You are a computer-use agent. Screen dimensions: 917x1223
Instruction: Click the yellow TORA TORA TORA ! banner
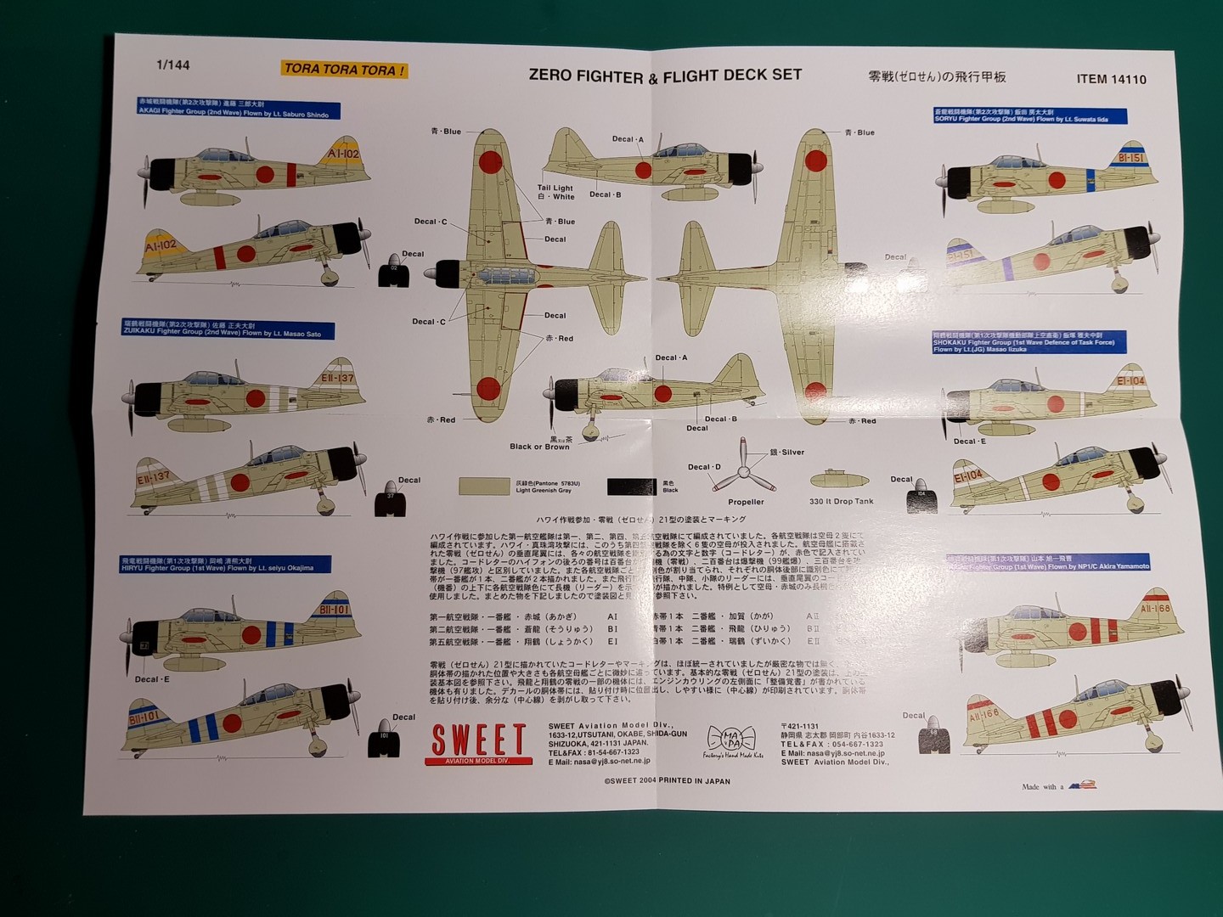[344, 70]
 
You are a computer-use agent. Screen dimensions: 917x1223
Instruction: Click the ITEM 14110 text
[1111, 79]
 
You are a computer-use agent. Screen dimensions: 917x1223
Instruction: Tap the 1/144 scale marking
[173, 65]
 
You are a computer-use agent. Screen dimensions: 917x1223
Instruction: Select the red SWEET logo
[478, 740]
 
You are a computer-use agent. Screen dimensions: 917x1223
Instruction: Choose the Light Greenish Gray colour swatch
[484, 486]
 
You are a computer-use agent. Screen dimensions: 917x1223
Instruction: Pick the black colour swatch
[630, 487]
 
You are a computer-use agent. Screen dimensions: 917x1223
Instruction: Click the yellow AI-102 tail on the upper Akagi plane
[343, 154]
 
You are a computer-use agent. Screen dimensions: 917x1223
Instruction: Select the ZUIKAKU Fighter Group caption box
[228, 330]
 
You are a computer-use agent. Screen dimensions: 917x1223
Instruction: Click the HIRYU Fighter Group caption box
[225, 565]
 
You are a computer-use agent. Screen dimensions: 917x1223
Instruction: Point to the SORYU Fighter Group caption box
[1029, 115]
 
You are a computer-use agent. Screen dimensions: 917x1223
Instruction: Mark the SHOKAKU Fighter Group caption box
[1029, 342]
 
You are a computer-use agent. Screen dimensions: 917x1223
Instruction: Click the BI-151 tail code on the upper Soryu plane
[1130, 158]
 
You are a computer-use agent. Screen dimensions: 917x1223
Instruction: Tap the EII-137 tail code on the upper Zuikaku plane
[337, 378]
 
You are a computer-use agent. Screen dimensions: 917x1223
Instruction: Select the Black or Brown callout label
[539, 447]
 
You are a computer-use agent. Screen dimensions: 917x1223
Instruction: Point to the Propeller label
[746, 502]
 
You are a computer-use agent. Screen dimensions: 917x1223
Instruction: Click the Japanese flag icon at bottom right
[1082, 785]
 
